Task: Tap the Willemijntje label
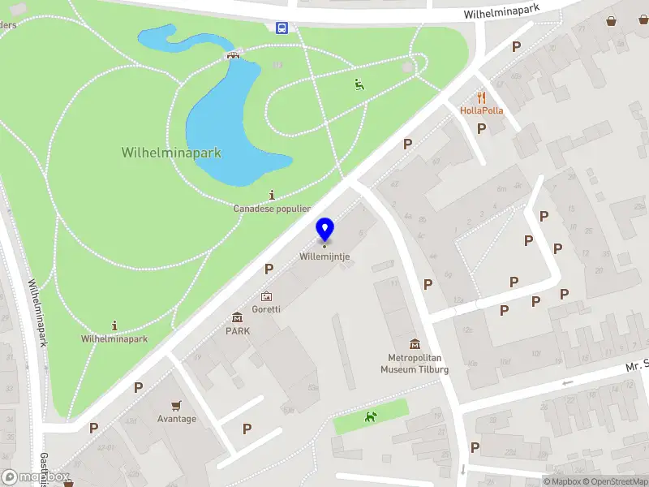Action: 324,256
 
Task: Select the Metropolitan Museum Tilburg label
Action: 415,364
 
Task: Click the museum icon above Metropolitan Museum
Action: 415,344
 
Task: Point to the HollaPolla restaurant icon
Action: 481,97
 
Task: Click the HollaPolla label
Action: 481,110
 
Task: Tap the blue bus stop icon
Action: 282,28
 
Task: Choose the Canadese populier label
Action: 272,209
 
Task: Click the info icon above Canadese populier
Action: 272,195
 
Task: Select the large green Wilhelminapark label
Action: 171,153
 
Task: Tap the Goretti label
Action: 266,309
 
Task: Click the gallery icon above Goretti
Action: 266,296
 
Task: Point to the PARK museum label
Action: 238,331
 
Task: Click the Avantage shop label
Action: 177,419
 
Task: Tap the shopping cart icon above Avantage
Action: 176,405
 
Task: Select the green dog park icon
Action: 371,417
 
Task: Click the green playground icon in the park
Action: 359,83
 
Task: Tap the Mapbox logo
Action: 36,477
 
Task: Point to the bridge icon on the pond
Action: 233,55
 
